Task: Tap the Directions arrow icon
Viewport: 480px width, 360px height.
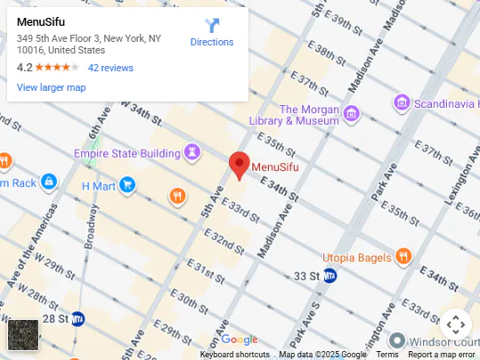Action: (x=212, y=25)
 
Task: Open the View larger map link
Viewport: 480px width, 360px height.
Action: (x=51, y=87)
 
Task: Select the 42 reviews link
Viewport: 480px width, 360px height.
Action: (x=110, y=68)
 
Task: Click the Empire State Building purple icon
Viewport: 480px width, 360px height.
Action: (x=191, y=152)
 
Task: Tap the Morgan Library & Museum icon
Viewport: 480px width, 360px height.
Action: (x=351, y=113)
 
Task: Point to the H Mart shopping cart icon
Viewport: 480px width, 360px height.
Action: (x=127, y=185)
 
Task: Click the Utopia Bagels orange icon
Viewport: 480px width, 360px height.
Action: (x=403, y=257)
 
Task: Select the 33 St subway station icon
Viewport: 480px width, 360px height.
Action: (x=329, y=275)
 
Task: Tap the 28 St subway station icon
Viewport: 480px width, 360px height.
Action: (x=77, y=318)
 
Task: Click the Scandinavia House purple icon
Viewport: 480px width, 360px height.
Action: (x=403, y=103)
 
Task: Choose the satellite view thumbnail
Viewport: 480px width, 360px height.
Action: (x=23, y=335)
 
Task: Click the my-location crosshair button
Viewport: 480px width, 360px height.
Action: (x=455, y=323)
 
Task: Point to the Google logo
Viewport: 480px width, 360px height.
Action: (x=239, y=340)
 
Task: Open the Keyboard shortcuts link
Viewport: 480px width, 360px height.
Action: (x=234, y=355)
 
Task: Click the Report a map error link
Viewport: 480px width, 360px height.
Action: (x=443, y=355)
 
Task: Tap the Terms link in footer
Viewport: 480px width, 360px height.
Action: (x=387, y=355)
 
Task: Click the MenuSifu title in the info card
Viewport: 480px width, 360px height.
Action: (x=41, y=21)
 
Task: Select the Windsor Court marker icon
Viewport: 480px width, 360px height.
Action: (x=397, y=341)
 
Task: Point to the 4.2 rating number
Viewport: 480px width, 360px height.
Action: (x=24, y=68)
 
